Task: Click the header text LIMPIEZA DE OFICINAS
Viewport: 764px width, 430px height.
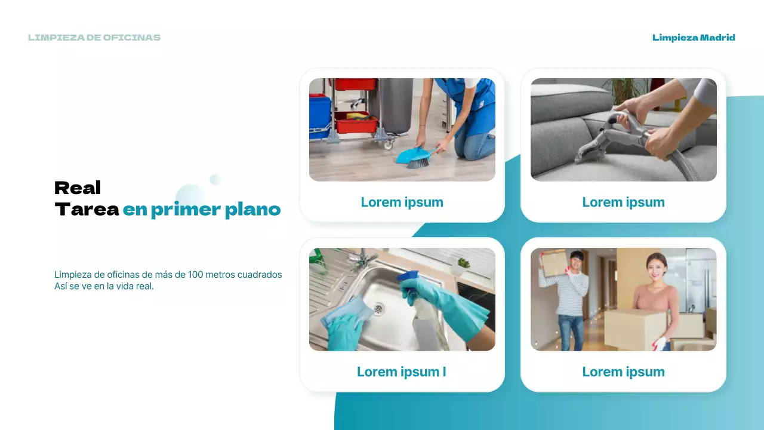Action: click(94, 38)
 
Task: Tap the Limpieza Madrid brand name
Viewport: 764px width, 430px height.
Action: click(694, 38)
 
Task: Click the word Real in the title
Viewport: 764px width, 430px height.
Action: click(78, 188)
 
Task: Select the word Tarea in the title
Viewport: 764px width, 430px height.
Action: click(87, 209)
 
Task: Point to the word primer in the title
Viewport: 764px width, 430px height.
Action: click(186, 210)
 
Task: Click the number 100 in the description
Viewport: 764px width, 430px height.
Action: click(195, 275)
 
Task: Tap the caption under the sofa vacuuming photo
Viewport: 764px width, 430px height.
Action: click(624, 202)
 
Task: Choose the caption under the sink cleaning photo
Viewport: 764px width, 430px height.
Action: click(402, 372)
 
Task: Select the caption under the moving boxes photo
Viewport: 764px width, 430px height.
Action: click(624, 372)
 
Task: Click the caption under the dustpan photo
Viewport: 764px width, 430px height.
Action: click(402, 202)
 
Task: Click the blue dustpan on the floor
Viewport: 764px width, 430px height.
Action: click(410, 155)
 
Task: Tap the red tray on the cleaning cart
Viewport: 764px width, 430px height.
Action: click(355, 122)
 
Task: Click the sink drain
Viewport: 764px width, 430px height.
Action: click(378, 309)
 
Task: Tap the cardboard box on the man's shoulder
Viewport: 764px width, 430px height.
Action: click(553, 262)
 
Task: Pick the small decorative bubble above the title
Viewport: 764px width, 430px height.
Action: click(215, 179)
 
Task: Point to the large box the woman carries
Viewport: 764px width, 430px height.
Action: click(635, 329)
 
